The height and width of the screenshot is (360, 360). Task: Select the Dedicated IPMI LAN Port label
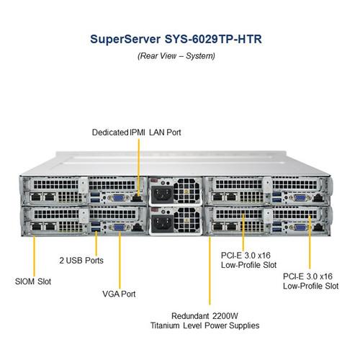pos(136,132)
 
